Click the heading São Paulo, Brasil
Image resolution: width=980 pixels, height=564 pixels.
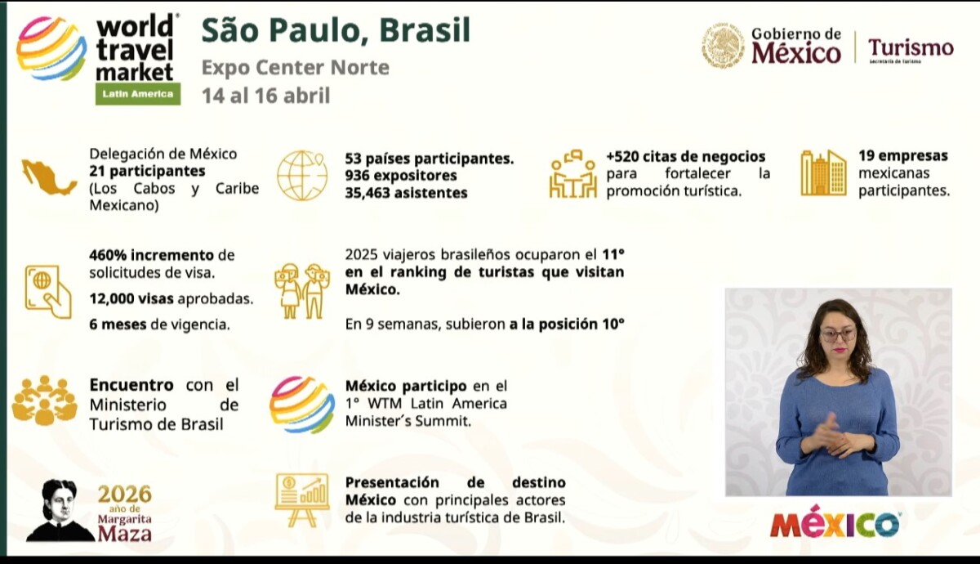[336, 31]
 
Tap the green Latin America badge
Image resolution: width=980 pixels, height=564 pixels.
[138, 94]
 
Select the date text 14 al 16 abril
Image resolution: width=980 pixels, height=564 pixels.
[265, 96]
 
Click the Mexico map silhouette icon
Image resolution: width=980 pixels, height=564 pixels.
[50, 177]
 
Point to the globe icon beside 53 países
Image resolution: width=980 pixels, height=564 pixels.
[302, 175]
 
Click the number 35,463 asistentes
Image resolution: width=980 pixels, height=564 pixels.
[406, 193]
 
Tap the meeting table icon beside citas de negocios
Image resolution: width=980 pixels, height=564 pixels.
[573, 174]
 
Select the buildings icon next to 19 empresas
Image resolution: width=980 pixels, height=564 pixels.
[823, 172]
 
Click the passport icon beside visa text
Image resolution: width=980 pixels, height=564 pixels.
[48, 291]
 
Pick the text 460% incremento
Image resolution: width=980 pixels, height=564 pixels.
[151, 255]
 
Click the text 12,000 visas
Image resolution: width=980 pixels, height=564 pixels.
[131, 298]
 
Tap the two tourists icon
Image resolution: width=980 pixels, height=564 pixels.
[302, 291]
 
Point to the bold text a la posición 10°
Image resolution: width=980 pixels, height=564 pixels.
[567, 324]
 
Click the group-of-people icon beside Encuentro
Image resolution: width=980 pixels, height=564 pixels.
[45, 401]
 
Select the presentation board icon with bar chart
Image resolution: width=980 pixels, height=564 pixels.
[302, 500]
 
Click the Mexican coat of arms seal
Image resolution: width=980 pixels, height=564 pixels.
[723, 46]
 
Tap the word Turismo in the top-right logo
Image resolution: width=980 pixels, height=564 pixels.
[911, 47]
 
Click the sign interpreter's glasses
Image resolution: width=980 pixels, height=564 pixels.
[838, 335]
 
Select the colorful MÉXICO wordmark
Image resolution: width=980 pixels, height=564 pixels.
[835, 521]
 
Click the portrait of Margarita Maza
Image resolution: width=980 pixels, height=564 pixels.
[59, 510]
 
